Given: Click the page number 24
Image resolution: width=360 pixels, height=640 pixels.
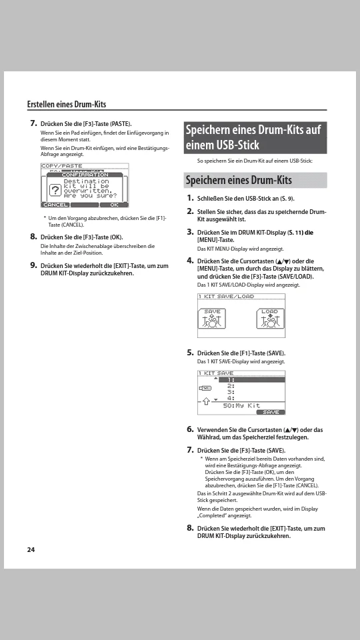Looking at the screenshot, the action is pos(31,549).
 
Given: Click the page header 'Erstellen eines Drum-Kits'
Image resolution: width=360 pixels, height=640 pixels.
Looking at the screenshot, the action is pos(67,104).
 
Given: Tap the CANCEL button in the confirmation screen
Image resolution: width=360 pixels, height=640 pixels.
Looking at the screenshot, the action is pos(55,205).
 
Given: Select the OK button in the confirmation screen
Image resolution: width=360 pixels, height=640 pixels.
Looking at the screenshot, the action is pos(114,205).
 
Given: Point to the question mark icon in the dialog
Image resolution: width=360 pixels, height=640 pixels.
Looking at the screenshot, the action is pos(55,190).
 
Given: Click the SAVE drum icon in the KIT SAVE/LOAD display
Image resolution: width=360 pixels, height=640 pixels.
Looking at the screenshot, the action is pos(212,319).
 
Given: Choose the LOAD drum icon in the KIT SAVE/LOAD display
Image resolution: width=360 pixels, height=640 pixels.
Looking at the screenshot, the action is pos(270,319).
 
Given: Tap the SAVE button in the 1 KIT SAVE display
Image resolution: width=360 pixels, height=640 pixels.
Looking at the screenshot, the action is pos(271,412).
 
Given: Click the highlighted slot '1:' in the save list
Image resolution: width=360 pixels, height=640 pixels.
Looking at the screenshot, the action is pos(252,379).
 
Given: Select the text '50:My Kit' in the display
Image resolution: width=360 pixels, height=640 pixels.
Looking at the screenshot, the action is pos(241,405).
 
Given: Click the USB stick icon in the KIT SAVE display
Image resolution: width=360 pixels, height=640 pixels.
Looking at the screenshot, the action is pos(205,388).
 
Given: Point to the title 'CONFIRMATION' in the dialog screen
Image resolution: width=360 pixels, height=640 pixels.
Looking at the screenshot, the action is pos(85,175).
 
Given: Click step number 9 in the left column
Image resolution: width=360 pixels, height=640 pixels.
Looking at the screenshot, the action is pos(33,265).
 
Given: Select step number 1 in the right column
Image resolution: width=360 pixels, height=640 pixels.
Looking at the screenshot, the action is pos(190,198).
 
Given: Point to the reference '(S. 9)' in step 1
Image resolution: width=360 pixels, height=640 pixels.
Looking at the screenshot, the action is pos(287,199).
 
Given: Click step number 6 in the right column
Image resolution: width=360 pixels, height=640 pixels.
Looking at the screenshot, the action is pos(190,429).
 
